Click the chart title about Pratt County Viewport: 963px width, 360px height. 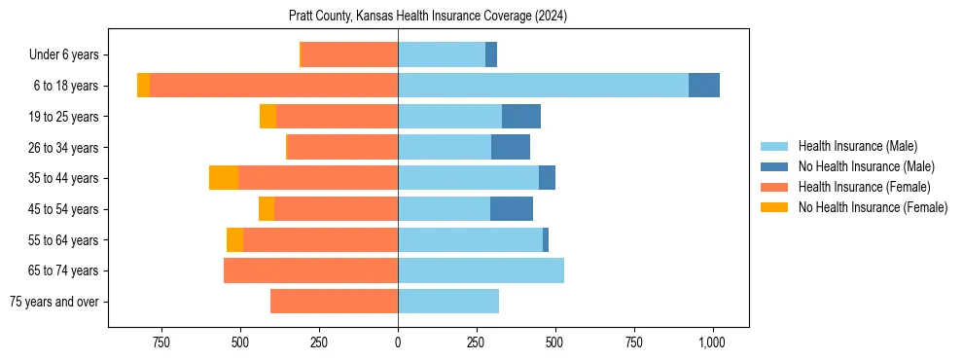coord(428,17)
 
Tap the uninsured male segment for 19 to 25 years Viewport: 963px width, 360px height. coord(521,117)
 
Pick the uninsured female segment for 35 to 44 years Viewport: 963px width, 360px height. coord(224,178)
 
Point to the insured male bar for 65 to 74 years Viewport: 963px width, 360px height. coord(481,270)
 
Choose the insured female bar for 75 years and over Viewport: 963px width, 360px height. coord(334,302)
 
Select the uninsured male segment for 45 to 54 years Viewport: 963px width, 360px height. coord(512,209)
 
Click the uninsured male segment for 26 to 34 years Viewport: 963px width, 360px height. coord(511,147)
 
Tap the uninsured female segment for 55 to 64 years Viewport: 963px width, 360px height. coord(234,239)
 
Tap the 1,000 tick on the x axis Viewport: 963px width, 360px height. coord(712,342)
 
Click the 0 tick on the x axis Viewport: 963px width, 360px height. coord(398,342)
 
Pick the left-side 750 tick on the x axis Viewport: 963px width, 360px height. coord(161,342)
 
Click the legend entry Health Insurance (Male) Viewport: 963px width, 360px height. coord(857,146)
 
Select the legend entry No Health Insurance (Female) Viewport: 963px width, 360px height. coord(873,207)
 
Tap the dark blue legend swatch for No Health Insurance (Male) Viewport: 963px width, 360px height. coord(774,166)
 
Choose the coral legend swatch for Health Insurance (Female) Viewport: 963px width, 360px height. coord(774,187)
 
